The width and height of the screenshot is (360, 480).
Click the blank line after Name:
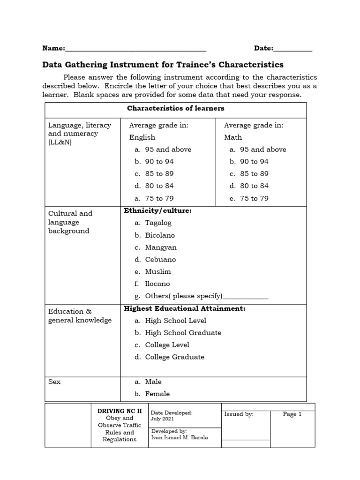click(x=136, y=49)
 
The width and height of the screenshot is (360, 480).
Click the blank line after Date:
click(x=292, y=49)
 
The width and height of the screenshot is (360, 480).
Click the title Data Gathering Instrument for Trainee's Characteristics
click(x=163, y=64)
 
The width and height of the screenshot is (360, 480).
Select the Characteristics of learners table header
click(x=175, y=108)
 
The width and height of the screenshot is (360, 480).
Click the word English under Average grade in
click(x=142, y=137)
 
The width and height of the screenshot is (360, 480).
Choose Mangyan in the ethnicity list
click(x=161, y=247)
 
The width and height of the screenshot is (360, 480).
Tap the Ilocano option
click(x=157, y=284)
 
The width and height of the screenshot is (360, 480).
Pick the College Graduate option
click(x=174, y=357)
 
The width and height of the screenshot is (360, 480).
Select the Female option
click(x=157, y=394)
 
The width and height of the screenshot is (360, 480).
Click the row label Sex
click(x=54, y=382)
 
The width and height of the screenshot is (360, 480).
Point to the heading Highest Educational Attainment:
click(x=184, y=308)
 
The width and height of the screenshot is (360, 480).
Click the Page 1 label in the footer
click(x=292, y=414)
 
